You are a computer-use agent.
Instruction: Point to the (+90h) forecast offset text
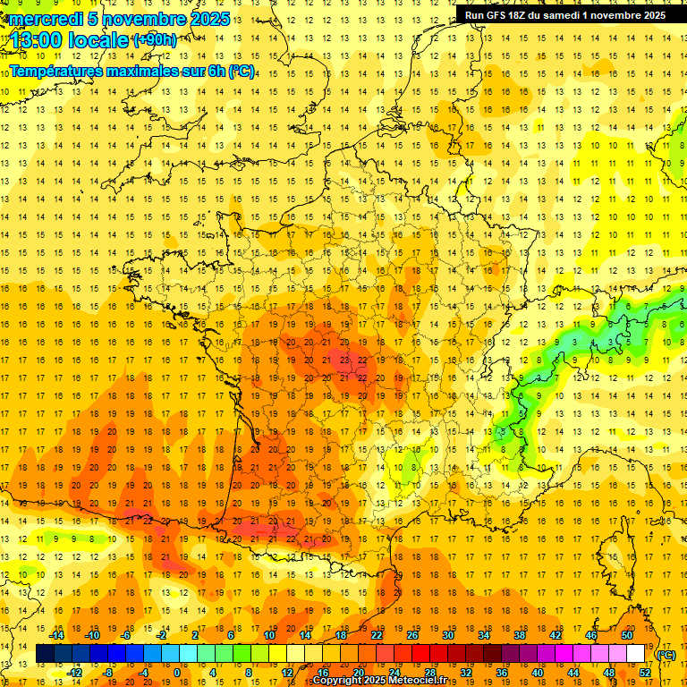coord(156,40)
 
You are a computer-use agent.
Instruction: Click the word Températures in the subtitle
coord(61,71)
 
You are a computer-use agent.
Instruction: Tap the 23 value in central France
coord(344,360)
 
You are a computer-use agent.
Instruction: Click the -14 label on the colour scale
coord(58,635)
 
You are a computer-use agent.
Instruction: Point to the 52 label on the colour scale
coord(645,672)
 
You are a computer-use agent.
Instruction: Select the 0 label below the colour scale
coord(177,672)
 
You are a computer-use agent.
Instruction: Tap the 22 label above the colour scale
coord(377,635)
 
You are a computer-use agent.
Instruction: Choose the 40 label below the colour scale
coord(538,672)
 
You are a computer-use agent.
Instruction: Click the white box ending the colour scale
coord(636,654)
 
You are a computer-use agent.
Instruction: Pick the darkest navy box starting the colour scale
coord(46,654)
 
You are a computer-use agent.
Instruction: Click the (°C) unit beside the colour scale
coord(666,655)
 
